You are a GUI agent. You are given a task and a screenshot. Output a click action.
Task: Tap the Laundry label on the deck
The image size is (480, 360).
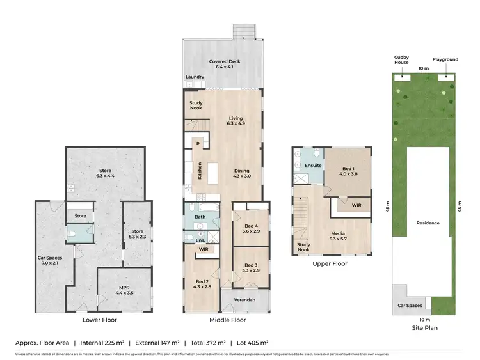[195, 77]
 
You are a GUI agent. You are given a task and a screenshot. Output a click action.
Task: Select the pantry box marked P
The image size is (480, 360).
[198, 144]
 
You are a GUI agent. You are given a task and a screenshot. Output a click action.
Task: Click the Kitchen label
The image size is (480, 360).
[200, 171]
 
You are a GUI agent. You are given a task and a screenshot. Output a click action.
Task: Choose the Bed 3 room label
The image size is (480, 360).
[251, 268]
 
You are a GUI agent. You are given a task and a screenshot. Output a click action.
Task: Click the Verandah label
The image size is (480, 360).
[245, 299]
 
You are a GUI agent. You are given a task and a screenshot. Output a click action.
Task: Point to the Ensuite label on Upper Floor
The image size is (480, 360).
[313, 165]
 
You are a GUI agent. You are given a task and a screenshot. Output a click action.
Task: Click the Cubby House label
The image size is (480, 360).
[401, 59]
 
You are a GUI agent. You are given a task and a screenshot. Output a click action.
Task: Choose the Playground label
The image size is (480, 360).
[445, 59]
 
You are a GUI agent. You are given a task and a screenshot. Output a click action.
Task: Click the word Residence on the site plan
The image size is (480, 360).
[428, 223]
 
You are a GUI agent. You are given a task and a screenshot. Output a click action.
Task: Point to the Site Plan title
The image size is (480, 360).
[424, 327]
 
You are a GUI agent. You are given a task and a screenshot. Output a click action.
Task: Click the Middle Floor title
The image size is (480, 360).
[227, 320]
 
